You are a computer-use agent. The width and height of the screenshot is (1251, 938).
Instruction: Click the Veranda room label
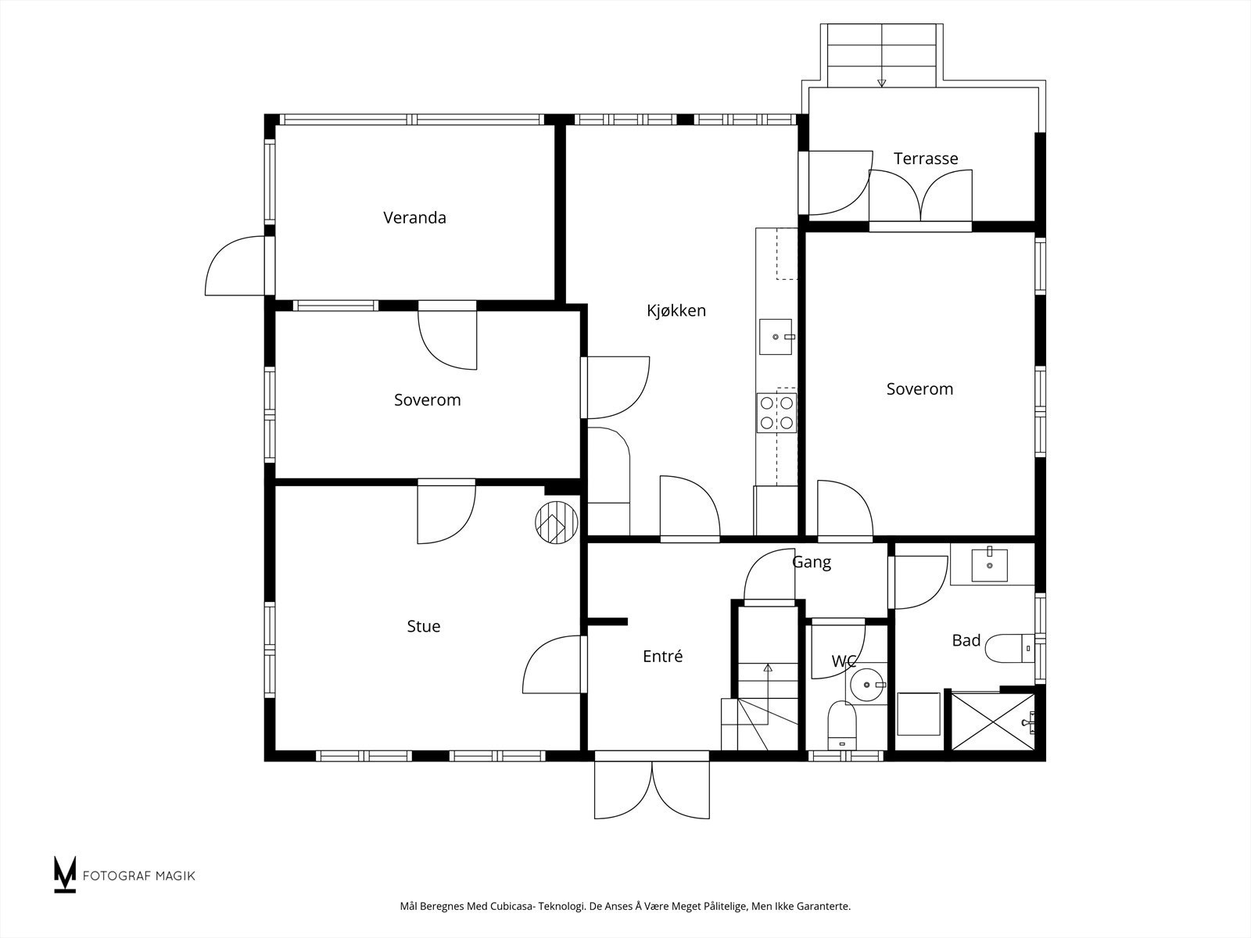pos(414,217)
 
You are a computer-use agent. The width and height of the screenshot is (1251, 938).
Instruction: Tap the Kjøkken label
pos(676,310)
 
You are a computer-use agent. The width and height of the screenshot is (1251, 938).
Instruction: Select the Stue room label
pos(424,626)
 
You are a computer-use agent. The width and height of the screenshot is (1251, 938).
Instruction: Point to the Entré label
pos(662,656)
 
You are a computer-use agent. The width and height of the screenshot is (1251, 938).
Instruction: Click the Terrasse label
pos(926,159)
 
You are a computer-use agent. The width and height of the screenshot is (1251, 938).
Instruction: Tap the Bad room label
pos(966,640)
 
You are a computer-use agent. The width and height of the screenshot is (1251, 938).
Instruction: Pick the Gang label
pos(812,563)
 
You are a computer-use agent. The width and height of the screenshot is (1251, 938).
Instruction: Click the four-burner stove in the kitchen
pos(776,413)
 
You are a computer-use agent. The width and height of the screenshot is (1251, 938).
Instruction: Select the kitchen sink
pos(776,337)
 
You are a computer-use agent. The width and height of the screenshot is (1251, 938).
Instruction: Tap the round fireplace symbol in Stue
pos(556,522)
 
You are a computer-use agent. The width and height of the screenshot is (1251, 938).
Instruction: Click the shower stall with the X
pos(993,721)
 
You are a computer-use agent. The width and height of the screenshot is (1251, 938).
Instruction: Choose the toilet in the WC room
pos(842,725)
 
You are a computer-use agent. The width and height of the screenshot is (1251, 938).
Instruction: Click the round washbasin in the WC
pos(867,684)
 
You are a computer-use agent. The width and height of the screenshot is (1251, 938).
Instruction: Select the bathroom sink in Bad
pos(989,564)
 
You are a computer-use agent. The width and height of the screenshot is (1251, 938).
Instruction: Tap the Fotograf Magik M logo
pos(64,875)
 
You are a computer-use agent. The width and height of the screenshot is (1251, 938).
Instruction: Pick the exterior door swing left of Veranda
pos(235,266)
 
